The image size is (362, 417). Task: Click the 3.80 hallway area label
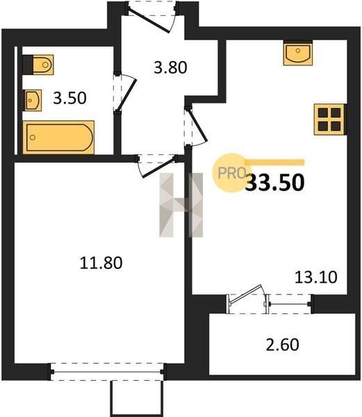click(x=170, y=67)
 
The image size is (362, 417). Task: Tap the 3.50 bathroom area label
click(x=69, y=98)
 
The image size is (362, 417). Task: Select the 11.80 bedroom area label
click(x=101, y=263)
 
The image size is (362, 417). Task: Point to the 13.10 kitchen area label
click(x=316, y=277)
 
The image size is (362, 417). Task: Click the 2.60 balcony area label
click(x=283, y=345)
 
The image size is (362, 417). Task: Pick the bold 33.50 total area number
click(x=275, y=182)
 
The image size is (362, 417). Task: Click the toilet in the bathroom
click(x=38, y=65)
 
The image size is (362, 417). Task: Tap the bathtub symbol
click(x=58, y=137)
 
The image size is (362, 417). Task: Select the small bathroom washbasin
click(x=33, y=100)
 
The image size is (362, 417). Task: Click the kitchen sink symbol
click(x=297, y=53)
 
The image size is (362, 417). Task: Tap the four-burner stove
click(x=329, y=120)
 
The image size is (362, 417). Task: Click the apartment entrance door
click(x=149, y=19)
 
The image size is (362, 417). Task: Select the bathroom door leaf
click(x=126, y=95)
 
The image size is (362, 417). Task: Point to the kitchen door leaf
click(x=197, y=125)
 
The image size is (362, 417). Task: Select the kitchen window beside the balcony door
click(x=289, y=304)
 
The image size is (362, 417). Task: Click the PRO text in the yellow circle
click(x=232, y=173)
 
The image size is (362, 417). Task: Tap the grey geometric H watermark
click(x=181, y=205)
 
